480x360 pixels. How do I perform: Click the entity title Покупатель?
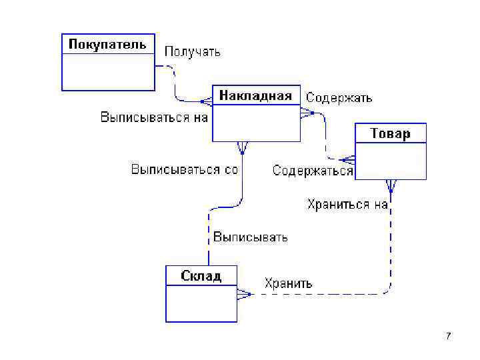tap(108, 44)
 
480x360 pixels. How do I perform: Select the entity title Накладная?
tap(255, 95)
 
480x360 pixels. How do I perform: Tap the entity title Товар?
tap(390, 133)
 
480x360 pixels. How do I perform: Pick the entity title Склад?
tap(201, 276)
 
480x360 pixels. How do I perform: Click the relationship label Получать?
tap(192, 51)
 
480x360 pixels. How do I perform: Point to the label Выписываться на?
tap(154, 117)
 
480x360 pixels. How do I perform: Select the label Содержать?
tap(339, 98)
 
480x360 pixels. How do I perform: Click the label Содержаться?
tap(313, 171)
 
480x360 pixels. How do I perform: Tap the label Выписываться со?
tap(184, 169)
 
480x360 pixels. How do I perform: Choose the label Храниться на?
tap(347, 204)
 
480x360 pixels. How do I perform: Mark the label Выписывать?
tap(250, 237)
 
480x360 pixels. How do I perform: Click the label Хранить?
tap(288, 283)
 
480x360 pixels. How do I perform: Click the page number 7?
tap(448, 335)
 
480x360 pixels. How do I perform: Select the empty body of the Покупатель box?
tap(108, 72)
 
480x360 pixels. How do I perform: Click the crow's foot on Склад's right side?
tap(244, 293)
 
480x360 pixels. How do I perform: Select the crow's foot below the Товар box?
tap(390, 186)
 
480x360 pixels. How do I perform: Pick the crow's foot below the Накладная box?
tap(242, 147)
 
